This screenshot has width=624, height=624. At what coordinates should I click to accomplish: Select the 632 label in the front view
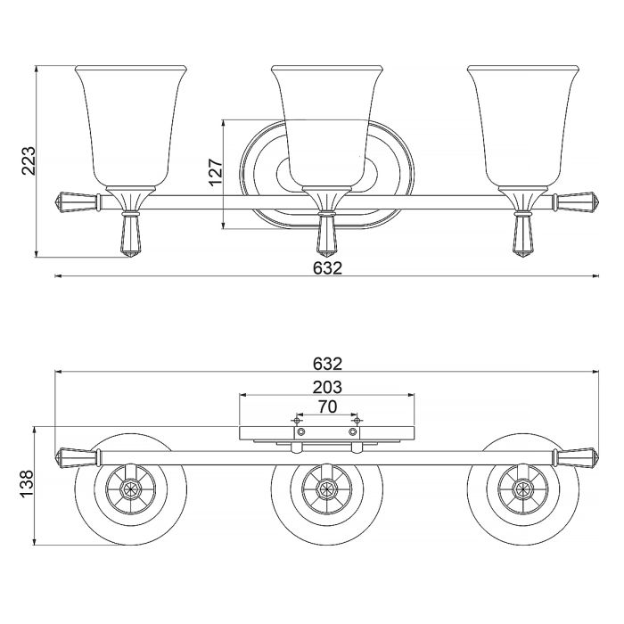327,267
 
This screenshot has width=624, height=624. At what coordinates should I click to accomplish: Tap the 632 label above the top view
327,364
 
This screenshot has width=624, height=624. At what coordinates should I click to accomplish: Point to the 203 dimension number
327,387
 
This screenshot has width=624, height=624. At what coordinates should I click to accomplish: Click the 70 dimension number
327,407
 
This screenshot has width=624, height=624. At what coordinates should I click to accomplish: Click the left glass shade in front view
131,125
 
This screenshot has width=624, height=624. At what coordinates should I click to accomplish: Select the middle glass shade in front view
327,125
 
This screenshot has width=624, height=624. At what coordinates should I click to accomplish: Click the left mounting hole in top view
301,431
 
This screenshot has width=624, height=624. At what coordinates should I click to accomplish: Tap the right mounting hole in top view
354,431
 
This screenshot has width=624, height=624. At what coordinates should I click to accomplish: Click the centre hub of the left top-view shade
131,489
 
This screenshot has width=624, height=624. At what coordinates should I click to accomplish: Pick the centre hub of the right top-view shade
523,489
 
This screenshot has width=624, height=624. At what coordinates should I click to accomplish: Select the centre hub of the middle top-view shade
327,489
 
